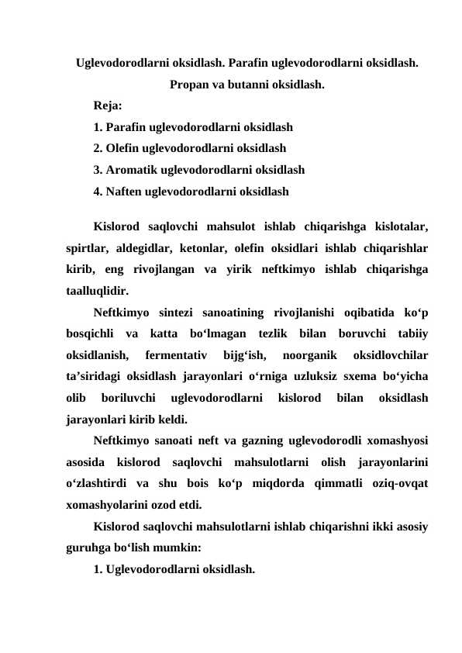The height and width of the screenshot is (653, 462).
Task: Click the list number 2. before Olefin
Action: [98, 147]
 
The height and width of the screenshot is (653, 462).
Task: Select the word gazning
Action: [238, 441]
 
